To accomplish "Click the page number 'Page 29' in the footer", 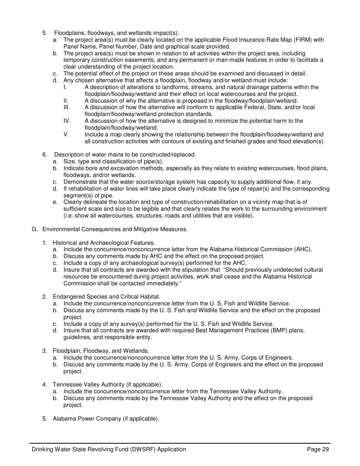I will pyautogui.click(x=318, y=449).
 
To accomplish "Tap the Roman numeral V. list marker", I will pyautogui.click(x=66, y=134).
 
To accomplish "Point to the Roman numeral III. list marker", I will pyautogui.click(x=67, y=107).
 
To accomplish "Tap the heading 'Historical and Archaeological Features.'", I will pyautogui.click(x=104, y=242).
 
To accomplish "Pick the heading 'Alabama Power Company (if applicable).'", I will pyautogui.click(x=106, y=419).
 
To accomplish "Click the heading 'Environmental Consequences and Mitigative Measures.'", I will pyautogui.click(x=115, y=229).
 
